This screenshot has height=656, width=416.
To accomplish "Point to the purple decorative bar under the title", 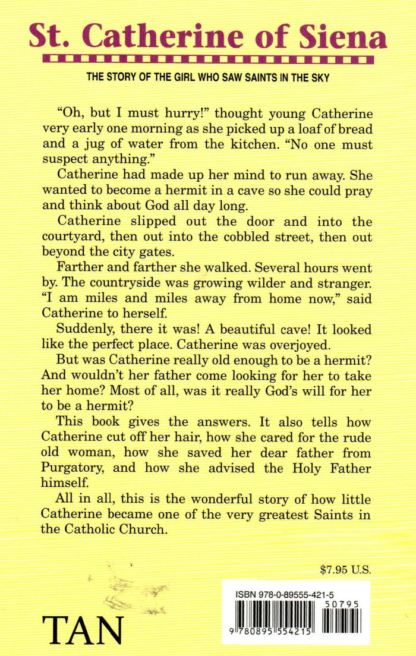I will pyautogui.click(x=208, y=59).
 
